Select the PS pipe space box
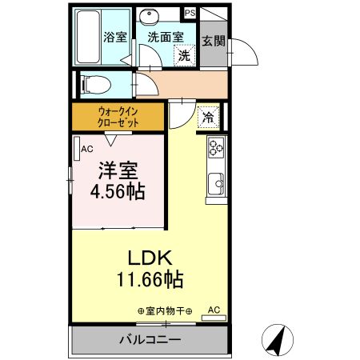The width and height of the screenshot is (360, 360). [x=190, y=12]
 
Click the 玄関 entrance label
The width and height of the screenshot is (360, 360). [x=211, y=42]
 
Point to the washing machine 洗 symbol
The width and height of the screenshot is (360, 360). [x=184, y=55]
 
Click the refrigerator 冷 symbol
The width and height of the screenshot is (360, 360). [x=207, y=118]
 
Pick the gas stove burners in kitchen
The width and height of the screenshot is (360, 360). [x=217, y=147]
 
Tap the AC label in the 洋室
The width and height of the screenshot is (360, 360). [x=86, y=147]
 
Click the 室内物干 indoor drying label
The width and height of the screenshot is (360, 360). [x=165, y=310]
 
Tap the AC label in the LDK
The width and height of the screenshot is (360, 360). [x=214, y=309]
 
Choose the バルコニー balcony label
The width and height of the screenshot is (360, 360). [x=150, y=339]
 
